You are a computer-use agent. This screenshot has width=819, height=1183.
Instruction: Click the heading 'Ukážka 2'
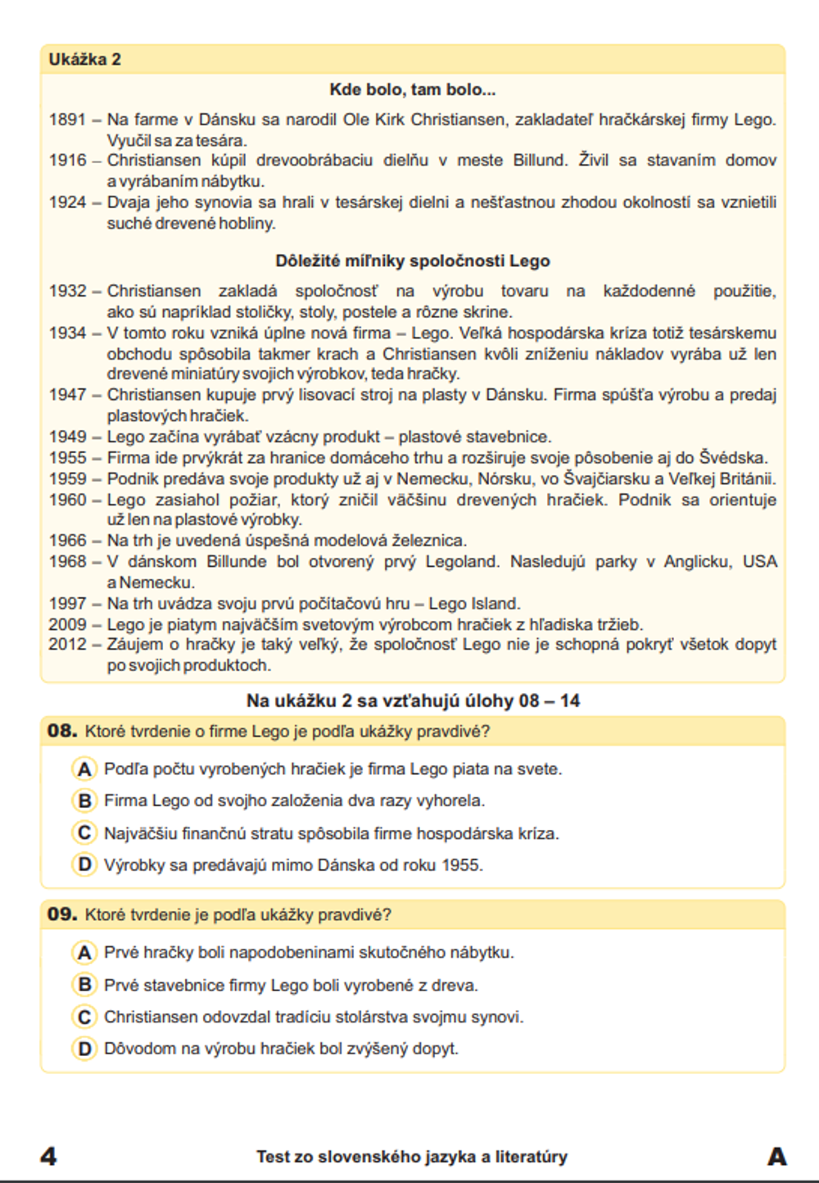click(x=84, y=59)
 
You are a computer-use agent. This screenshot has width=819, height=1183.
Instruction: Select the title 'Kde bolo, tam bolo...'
click(x=412, y=89)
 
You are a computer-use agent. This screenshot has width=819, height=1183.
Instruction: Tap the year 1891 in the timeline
click(x=67, y=120)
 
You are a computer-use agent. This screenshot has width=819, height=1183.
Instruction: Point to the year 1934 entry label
click(x=67, y=333)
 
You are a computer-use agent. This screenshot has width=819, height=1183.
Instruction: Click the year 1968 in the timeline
click(x=67, y=562)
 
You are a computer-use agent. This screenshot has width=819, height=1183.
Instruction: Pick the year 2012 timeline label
click(x=67, y=645)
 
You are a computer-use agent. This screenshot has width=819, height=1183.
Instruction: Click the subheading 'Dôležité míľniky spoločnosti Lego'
click(x=412, y=261)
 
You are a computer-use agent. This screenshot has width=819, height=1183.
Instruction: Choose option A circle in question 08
click(x=84, y=769)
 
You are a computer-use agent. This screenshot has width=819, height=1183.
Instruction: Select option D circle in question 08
click(x=84, y=864)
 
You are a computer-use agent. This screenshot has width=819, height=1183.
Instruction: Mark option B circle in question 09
click(x=84, y=985)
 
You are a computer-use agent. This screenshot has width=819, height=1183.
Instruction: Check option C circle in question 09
click(x=84, y=1017)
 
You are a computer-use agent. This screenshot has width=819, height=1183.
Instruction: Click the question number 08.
click(x=62, y=731)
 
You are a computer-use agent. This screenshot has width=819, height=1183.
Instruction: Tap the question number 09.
click(x=62, y=914)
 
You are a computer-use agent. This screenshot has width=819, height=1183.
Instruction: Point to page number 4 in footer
click(x=49, y=1156)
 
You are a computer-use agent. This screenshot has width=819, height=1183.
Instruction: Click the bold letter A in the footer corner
click(x=776, y=1156)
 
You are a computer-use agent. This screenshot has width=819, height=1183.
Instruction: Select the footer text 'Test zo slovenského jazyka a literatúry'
click(x=411, y=1157)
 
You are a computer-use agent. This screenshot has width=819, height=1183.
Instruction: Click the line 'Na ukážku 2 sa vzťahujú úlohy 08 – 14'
click(x=413, y=701)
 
